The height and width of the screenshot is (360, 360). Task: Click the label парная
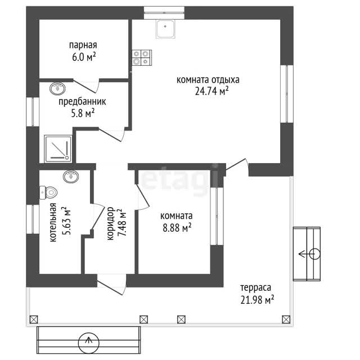click(x=83, y=45)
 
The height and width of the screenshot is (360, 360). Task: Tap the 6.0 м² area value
click(x=84, y=57)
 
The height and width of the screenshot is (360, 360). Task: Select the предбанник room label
click(x=82, y=101)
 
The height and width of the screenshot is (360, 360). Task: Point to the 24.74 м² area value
click(x=211, y=91)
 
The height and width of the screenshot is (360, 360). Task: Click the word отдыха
click(x=225, y=80)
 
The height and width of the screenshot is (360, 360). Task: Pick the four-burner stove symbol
click(x=142, y=57)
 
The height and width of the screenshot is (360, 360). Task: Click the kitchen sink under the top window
click(x=165, y=29)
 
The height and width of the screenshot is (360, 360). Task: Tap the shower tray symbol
click(x=58, y=148)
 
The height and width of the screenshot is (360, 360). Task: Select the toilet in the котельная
click(x=48, y=192)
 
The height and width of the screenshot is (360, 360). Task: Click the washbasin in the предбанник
click(x=57, y=88)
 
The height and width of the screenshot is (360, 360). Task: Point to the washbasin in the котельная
click(x=71, y=177)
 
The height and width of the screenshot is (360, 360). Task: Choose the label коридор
click(x=110, y=224)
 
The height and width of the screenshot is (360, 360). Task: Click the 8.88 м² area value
click(x=177, y=228)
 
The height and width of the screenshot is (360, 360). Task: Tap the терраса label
click(x=255, y=287)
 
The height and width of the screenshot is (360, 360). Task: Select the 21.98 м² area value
click(x=257, y=300)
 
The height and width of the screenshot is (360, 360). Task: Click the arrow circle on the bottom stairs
click(x=89, y=343)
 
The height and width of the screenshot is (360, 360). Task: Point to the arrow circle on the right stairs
click(x=315, y=254)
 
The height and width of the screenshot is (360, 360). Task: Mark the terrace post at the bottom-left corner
click(x=34, y=319)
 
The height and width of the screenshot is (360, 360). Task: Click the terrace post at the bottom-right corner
click(x=286, y=319)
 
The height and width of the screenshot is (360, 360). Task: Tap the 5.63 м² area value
click(x=66, y=220)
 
